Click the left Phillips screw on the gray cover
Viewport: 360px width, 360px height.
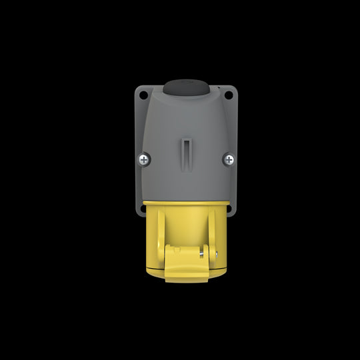(x=144, y=159)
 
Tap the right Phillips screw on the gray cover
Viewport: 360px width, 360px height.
(x=228, y=159)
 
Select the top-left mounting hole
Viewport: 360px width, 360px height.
(x=143, y=95)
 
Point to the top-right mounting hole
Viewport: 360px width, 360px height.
(x=228, y=95)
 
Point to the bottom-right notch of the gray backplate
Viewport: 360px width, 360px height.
(x=232, y=212)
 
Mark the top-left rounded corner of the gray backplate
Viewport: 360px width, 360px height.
(x=137, y=89)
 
